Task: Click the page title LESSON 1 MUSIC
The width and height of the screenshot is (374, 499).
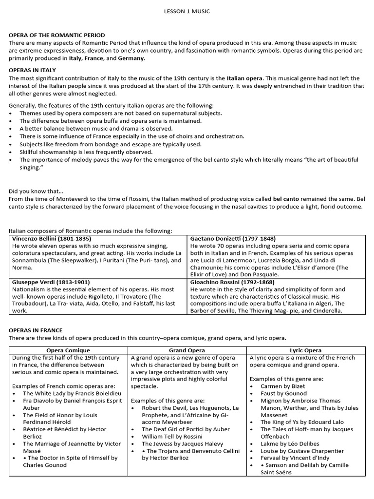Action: click(187, 11)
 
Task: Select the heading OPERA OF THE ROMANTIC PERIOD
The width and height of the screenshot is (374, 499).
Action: click(56, 36)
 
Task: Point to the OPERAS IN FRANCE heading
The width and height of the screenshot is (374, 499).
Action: click(36, 330)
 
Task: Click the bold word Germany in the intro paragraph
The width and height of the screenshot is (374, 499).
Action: click(131, 58)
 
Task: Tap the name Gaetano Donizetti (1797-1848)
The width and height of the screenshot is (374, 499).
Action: click(233, 239)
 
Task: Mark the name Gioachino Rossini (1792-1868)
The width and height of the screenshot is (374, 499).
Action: click(233, 282)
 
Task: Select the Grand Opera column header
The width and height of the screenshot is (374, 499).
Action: click(187, 350)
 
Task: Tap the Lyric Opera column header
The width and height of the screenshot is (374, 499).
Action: click(305, 350)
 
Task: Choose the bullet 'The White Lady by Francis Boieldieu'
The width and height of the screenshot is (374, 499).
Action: click(71, 393)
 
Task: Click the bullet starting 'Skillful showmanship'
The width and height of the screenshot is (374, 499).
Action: click(86, 152)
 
